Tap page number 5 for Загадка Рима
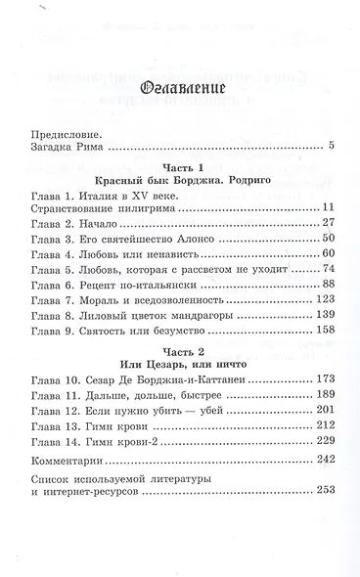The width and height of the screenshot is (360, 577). point(332,147)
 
